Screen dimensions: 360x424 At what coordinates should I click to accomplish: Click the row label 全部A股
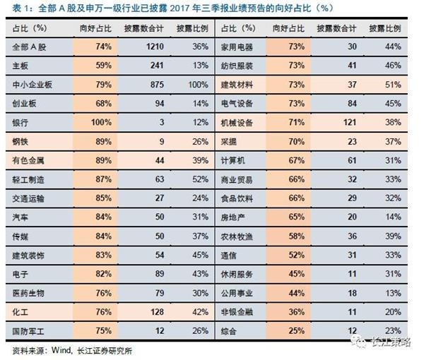(29, 46)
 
